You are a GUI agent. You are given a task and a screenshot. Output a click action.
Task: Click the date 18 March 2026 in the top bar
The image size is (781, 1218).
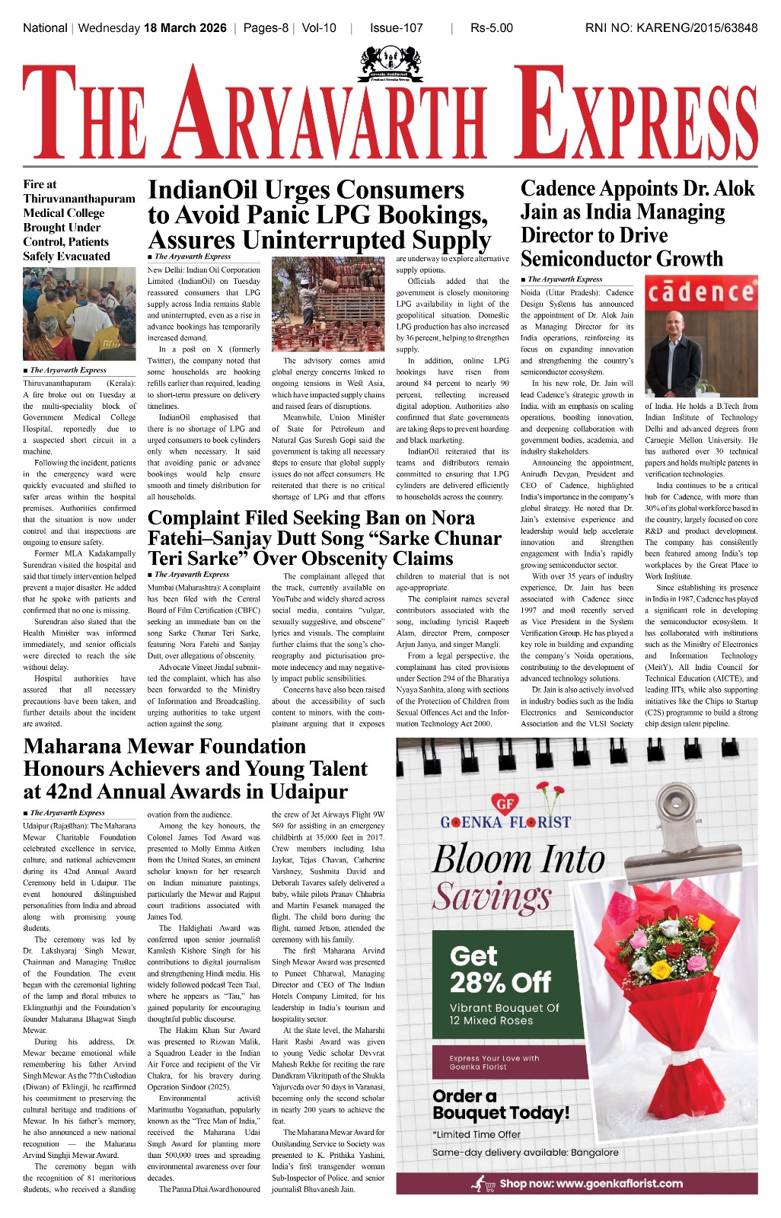click(185, 28)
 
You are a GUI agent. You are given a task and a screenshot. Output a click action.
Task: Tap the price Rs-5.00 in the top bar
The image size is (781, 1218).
click(492, 28)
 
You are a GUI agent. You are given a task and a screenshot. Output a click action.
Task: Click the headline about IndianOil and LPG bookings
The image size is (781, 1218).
click(318, 215)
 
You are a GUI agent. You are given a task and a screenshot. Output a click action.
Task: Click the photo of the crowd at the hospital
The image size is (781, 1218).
click(79, 314)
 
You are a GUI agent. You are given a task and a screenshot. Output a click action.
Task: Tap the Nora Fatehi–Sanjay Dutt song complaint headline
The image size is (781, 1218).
click(324, 538)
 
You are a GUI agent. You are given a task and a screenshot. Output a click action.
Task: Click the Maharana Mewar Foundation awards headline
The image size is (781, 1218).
click(196, 769)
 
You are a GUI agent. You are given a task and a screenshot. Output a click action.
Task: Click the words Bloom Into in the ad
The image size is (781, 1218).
click(518, 859)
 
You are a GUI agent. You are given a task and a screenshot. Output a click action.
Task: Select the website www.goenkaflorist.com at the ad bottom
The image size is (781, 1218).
click(591, 1184)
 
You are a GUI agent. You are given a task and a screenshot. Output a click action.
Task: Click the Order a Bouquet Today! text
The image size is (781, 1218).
click(500, 1105)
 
